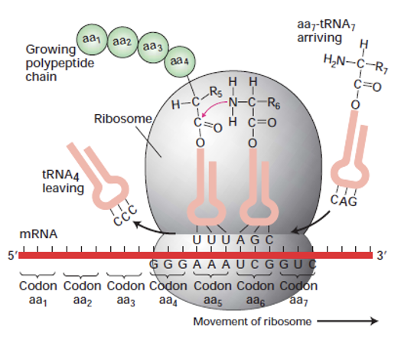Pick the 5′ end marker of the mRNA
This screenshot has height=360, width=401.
tap(11, 255)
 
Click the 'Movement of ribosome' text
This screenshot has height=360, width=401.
tap(253, 321)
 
